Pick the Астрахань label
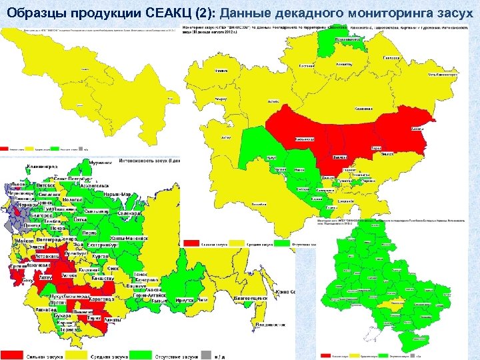[x=49, y=255]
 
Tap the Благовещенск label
[x=255, y=301]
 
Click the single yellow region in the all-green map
[x=386, y=303]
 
